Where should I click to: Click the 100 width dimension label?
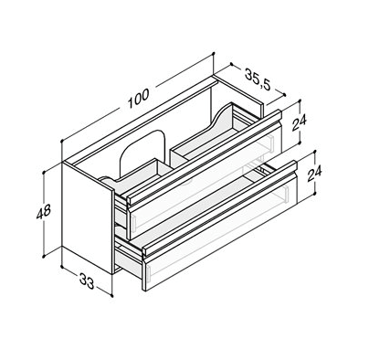click(139, 99)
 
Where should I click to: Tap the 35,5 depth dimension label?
click(258, 80)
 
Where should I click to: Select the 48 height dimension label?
click(44, 212)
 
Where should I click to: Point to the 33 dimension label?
click(87, 281)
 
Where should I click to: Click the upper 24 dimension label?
click(300, 122)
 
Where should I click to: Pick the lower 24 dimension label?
click(314, 174)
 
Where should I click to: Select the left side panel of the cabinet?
click(88, 217)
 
